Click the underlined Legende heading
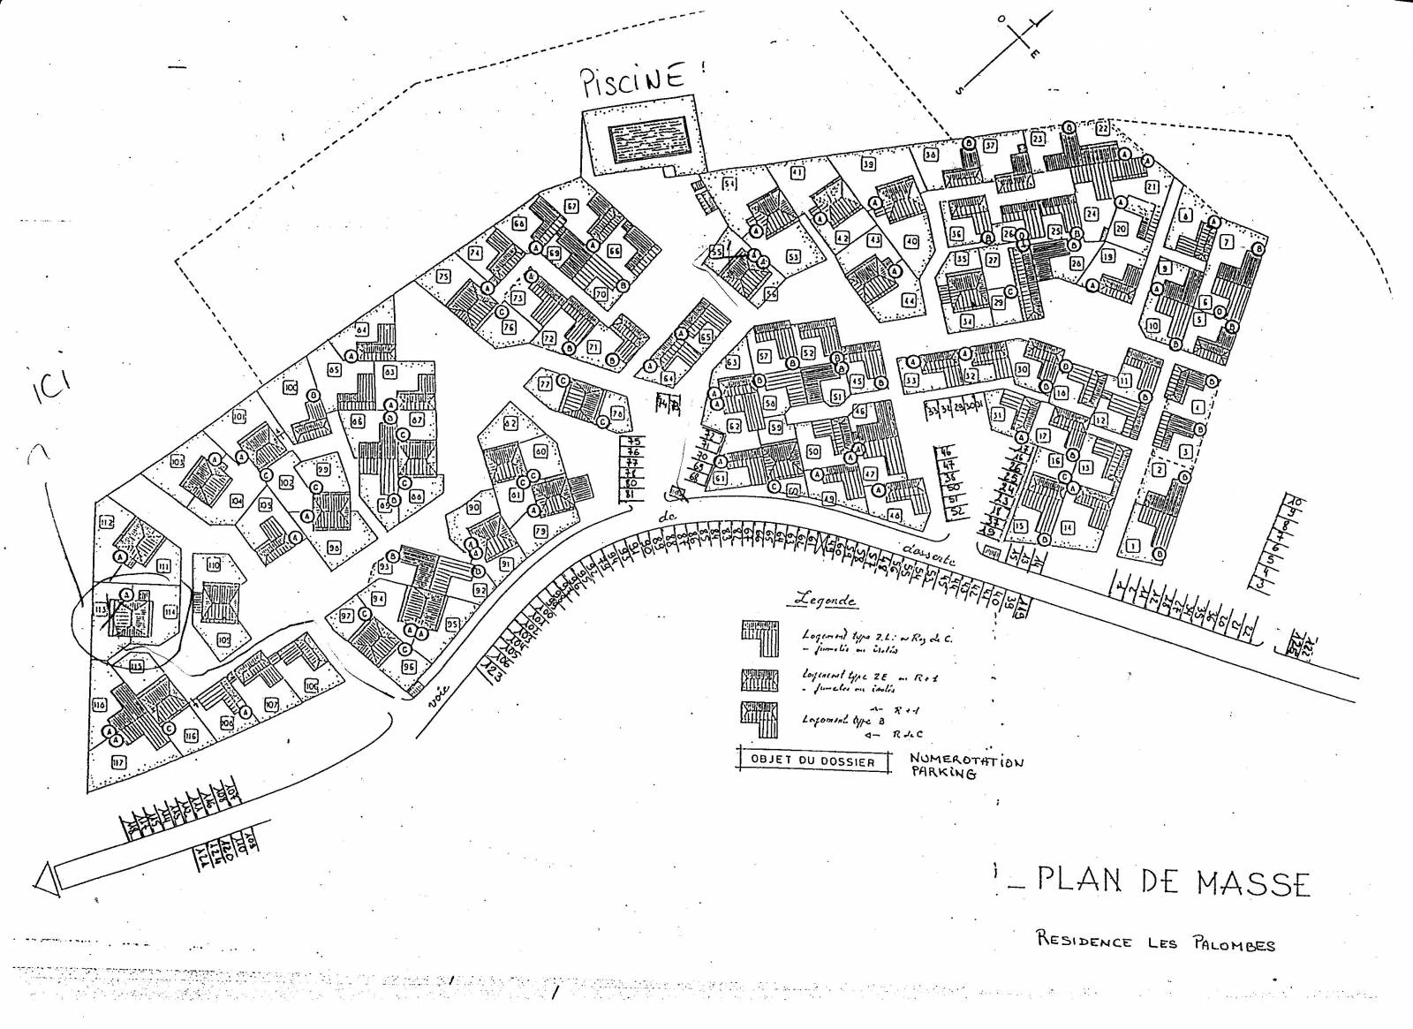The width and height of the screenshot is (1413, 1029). (825, 600)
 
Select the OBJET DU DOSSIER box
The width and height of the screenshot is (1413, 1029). (812, 760)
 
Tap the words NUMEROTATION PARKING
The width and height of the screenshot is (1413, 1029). (966, 766)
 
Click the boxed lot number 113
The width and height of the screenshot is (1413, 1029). (100, 609)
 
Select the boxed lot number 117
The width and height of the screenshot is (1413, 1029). (117, 761)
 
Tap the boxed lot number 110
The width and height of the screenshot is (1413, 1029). (214, 564)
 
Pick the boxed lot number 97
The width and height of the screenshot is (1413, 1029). (346, 616)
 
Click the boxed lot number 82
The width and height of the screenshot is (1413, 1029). (510, 423)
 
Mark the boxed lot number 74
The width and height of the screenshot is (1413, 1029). (475, 253)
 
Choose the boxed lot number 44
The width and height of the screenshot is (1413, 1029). (909, 300)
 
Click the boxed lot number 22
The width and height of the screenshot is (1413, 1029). (1103, 128)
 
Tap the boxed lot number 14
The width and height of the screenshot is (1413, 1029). (1068, 527)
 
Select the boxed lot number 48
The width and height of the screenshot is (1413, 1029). (895, 515)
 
